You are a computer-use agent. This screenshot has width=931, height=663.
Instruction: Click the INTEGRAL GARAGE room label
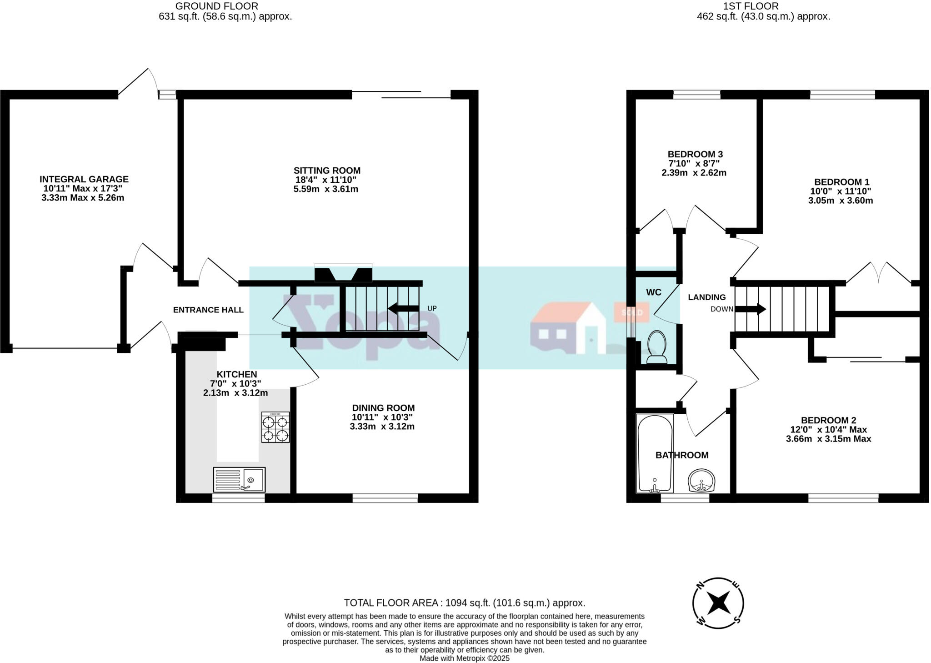pos(84,179)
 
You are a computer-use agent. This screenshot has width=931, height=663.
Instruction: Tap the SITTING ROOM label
pos(327,171)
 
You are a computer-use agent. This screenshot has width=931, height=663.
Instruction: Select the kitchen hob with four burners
pos(275,427)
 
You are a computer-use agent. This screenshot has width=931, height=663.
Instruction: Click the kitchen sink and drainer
pos(239,480)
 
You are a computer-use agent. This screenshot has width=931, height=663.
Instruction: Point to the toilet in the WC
pos(656,347)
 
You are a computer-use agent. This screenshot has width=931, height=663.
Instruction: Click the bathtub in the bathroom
pos(655,453)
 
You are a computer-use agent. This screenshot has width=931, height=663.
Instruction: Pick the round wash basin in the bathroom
pos(702,481)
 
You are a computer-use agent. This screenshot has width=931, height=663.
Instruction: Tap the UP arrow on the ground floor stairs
pos(403,308)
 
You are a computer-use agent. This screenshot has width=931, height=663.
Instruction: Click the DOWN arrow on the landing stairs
pos(751,309)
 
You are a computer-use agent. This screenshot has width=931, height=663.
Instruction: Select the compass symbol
pos(718,603)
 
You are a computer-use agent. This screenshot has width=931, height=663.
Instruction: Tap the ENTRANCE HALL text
pos(208,310)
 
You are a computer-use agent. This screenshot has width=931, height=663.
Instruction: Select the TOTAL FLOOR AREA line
pos(464,603)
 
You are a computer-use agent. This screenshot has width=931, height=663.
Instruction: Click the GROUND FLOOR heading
pos(217,6)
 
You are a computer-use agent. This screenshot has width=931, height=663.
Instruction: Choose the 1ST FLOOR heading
pos(763,6)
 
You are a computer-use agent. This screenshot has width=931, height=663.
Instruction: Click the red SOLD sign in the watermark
pos(631,312)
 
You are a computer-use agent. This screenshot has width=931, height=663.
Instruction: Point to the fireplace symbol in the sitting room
pos(343,274)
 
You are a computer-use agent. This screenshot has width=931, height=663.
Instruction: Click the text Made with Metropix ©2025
pos(464,658)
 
